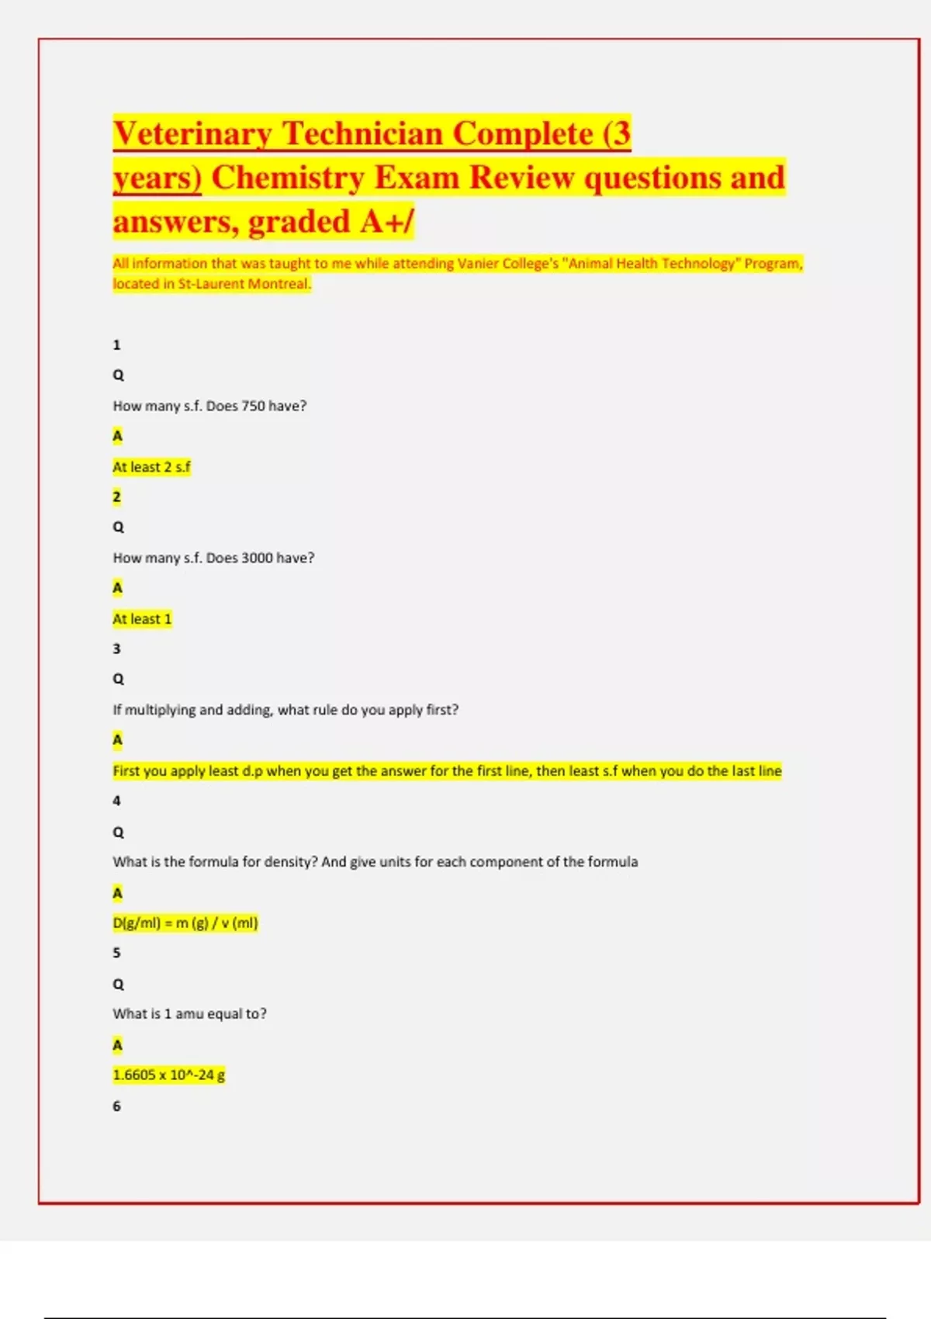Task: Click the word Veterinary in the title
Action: coord(192,134)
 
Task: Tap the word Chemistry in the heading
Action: coord(289,178)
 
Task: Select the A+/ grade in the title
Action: coord(387,222)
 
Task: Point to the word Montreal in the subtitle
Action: coord(279,284)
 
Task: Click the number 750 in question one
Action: coord(253,406)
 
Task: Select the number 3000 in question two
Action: coord(257,558)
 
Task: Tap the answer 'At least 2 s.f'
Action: coord(151,467)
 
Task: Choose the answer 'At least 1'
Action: coord(142,619)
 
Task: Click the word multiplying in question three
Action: coord(161,710)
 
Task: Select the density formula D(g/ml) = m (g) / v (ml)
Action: coord(185,923)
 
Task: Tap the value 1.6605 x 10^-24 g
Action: coord(169,1075)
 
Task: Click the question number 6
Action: coord(117,1106)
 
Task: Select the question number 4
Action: coord(117,801)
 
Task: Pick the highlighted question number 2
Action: coord(117,497)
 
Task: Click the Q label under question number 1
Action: coord(119,376)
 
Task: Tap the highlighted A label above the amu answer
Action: coord(118,1045)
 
